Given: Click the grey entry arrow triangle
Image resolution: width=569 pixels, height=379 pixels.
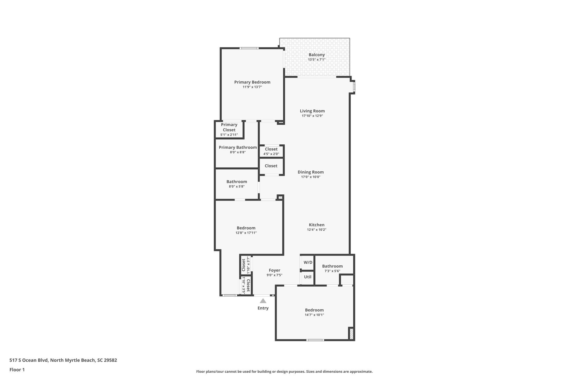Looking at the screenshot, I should tap(263, 301).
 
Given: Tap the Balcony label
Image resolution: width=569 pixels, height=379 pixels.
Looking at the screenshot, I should tap(316, 55).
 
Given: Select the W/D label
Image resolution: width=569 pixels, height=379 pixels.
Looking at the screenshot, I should tap(308, 262).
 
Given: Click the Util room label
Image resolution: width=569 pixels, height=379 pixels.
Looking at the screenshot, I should tap(308, 277).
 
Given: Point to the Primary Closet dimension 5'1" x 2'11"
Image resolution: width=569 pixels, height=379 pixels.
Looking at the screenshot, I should tap(229, 135).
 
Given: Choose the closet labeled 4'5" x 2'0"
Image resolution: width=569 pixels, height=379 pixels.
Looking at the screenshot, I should tap(271, 151).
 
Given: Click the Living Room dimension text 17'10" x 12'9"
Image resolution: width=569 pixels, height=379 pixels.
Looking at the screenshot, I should tap(312, 116).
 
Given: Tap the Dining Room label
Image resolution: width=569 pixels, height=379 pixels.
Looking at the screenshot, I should tap(311, 172).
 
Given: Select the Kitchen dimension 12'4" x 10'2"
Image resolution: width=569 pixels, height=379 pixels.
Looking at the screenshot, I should tap(316, 230).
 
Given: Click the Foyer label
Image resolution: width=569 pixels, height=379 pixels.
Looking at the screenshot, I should tap(274, 270).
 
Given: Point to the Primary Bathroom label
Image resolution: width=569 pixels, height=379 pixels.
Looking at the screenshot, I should tap(238, 147).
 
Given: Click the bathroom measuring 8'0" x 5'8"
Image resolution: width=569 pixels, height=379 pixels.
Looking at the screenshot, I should tap(236, 184).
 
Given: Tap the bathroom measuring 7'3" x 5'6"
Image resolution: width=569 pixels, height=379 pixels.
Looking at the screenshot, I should tap(332, 268).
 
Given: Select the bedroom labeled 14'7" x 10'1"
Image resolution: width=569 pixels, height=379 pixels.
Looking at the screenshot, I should tap(314, 312).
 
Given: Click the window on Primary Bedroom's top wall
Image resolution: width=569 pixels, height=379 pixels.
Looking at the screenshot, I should tap(249, 48).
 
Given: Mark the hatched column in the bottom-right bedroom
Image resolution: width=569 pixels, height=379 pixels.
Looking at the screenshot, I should tap(351, 334).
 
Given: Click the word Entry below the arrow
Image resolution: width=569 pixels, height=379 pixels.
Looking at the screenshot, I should tap(263, 308).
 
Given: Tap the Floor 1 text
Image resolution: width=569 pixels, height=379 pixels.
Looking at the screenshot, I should tap(17, 370).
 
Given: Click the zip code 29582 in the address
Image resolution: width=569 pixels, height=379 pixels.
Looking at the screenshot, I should tap(110, 360).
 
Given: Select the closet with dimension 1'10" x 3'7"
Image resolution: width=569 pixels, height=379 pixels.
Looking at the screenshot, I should tap(246, 265).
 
